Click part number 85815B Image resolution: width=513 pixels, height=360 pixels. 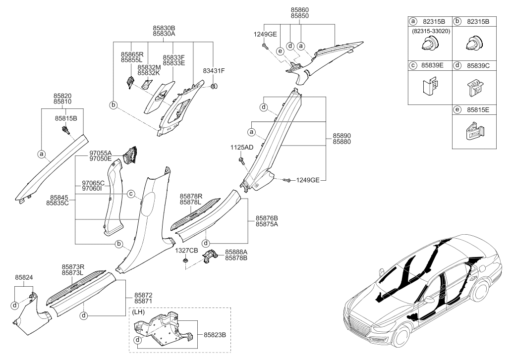[x=66, y=118]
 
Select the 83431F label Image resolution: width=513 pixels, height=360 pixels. [x=214, y=71]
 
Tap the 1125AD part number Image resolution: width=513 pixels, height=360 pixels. [x=242, y=148]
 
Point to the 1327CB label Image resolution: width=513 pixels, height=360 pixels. [x=186, y=251]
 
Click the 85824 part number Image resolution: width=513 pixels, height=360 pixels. [x=24, y=278]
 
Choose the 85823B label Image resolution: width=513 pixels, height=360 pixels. [x=215, y=335]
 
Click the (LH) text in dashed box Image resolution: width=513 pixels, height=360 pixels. [x=138, y=312]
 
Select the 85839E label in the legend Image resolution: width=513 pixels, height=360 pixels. [x=432, y=65]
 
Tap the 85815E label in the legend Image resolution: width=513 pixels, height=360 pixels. [x=478, y=110]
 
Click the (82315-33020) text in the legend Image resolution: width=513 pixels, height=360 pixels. [x=430, y=31]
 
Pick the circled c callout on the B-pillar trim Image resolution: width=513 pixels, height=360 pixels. [x=131, y=194]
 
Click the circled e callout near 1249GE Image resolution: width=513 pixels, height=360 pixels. [x=280, y=51]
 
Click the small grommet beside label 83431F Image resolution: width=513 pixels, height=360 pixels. [x=215, y=86]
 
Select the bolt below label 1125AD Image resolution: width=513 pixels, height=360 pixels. [x=241, y=160]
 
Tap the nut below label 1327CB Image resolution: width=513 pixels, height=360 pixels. [x=185, y=260]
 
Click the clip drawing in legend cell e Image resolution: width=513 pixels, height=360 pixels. [x=474, y=131]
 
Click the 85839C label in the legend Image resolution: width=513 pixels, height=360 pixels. [x=478, y=65]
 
